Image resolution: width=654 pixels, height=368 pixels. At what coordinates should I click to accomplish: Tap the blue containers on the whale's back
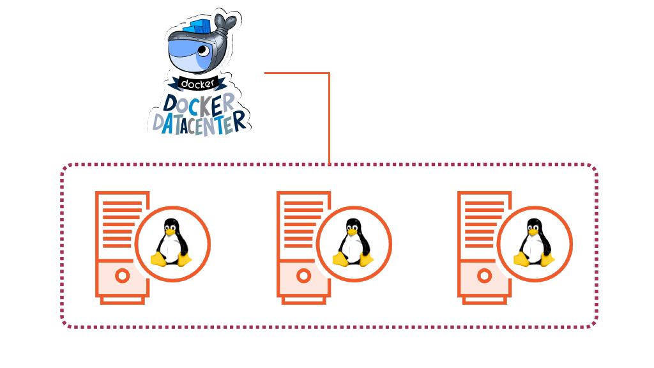pos(198,27)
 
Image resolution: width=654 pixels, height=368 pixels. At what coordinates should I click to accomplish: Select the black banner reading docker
pos(198,84)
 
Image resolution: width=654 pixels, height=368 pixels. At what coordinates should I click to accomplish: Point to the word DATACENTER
pos(198,121)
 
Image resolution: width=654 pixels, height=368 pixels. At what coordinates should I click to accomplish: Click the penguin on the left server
pos(171,243)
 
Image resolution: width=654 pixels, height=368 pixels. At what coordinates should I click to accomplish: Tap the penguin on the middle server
pos(353,243)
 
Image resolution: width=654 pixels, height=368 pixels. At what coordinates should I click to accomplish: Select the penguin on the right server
pos(534,243)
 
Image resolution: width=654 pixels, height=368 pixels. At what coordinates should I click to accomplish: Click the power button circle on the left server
pos(122,276)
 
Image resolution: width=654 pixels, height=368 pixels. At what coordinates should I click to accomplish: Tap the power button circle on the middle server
pos(303,276)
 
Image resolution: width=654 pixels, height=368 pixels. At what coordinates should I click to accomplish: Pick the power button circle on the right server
pos(485,276)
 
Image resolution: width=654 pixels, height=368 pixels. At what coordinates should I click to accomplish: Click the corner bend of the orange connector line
pos(329,73)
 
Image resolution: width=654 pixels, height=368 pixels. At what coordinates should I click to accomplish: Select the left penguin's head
pos(171,226)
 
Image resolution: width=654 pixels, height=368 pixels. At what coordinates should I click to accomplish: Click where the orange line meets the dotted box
pos(329,164)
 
